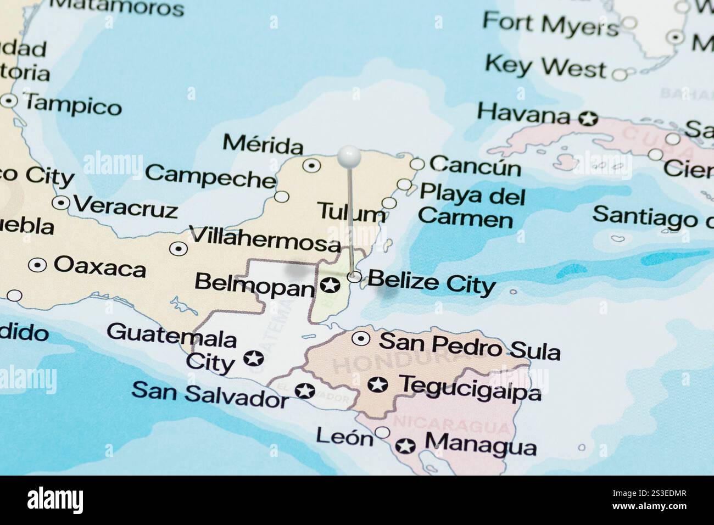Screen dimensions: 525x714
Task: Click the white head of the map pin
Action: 349,156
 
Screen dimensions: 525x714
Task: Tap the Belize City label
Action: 431,282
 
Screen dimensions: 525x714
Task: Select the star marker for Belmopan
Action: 330,285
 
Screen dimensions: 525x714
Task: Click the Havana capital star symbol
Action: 588,118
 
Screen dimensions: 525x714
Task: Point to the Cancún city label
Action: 475,165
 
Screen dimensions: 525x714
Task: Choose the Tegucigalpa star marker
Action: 377,385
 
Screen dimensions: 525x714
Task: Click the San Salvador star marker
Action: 304,391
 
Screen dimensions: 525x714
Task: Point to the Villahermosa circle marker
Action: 178,249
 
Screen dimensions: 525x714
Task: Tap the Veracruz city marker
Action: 60,203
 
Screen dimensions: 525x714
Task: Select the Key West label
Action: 545,67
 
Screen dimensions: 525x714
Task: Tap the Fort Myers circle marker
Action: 629,23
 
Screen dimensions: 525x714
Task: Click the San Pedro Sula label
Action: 470,345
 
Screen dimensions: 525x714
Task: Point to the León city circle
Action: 382,433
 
